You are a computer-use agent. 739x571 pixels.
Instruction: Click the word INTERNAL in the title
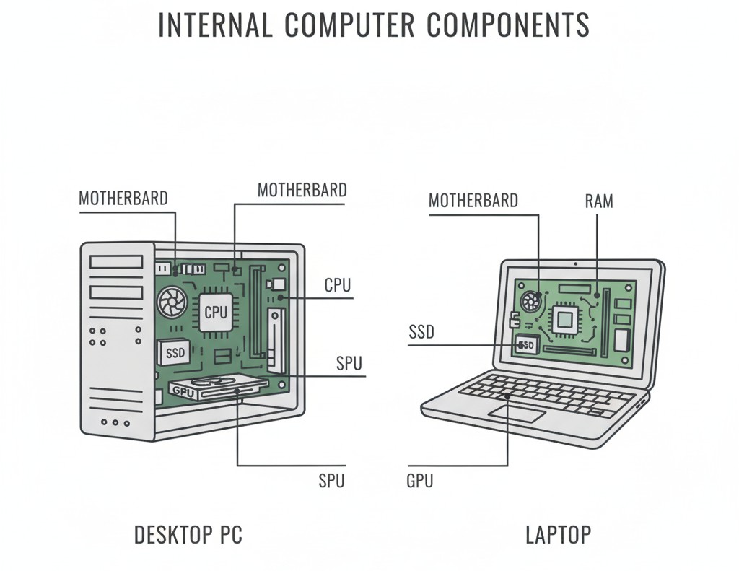click(x=214, y=25)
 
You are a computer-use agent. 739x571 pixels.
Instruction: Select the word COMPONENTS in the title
click(x=508, y=25)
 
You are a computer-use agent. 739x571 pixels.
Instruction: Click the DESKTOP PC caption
click(x=188, y=535)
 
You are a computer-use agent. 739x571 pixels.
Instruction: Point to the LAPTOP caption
click(x=558, y=535)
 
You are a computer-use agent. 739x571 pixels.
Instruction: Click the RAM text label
click(x=598, y=201)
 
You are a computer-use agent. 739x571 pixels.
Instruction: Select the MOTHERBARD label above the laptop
click(x=473, y=201)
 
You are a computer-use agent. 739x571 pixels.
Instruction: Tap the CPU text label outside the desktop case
click(x=337, y=285)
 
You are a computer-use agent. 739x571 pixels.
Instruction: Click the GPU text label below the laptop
click(x=420, y=481)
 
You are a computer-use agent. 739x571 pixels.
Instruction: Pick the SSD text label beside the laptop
click(x=421, y=332)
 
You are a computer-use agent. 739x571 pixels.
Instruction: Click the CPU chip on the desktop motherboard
click(x=216, y=312)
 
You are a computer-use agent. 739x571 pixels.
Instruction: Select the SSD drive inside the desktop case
click(x=175, y=353)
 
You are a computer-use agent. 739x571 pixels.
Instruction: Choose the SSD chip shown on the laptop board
click(x=527, y=345)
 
